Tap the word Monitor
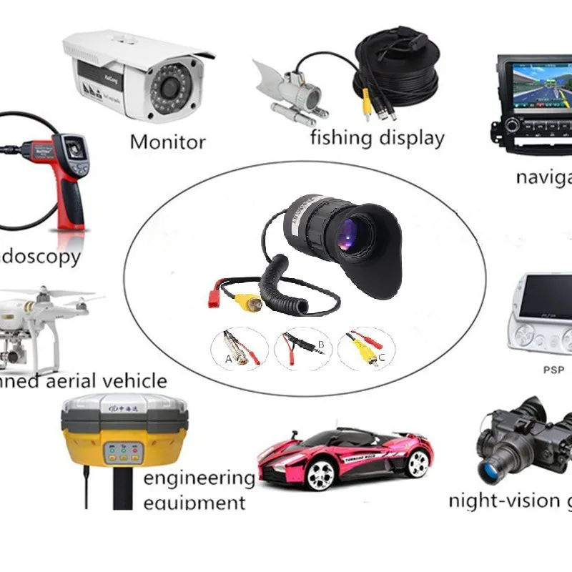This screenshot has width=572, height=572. click(167, 141)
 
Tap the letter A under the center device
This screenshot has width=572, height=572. click(229, 359)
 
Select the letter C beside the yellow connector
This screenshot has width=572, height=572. click(381, 357)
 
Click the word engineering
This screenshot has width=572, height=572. click(199, 478)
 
